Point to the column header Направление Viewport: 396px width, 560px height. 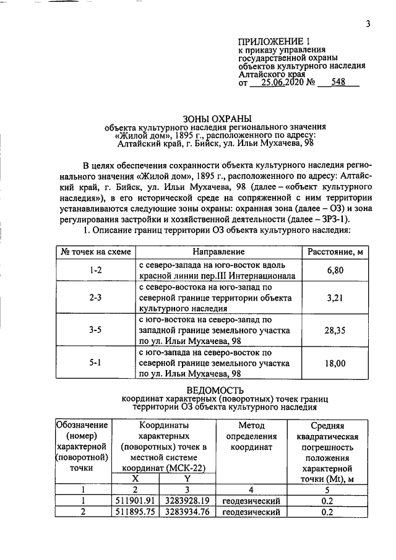tap(218, 252)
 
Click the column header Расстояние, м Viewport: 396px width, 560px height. tap(335, 252)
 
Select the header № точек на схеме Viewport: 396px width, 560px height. tap(95, 252)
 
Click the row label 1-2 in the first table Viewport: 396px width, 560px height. tap(95, 270)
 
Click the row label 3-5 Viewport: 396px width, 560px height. tap(95, 330)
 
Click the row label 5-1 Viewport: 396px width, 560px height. tap(95, 363)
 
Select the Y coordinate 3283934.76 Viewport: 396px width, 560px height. tap(187, 512)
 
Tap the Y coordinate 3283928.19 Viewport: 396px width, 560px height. tap(187, 500)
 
